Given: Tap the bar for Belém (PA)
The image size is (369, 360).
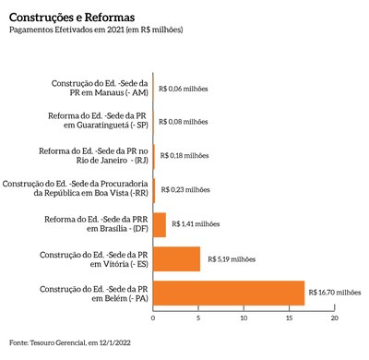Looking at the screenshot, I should pyautogui.click(x=229, y=292).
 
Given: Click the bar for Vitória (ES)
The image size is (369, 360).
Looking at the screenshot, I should pyautogui.click(x=176, y=258).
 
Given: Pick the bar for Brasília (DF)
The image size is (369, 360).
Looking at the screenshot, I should pyautogui.click(x=159, y=224).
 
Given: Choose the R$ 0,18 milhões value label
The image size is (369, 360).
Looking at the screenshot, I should pyautogui.click(x=184, y=156).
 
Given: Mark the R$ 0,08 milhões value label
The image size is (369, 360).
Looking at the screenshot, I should pyautogui.click(x=184, y=122).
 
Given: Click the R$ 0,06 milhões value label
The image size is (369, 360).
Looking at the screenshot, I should pyautogui.click(x=184, y=89).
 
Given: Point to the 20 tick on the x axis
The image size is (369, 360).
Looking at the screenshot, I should pyautogui.click(x=336, y=318).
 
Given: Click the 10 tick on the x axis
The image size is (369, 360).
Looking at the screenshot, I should pyautogui.click(x=244, y=318).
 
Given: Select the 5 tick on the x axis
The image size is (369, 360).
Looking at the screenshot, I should pyautogui.click(x=198, y=318).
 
